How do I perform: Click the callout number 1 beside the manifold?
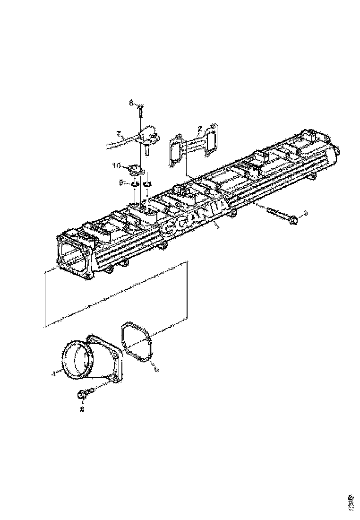point(218,229)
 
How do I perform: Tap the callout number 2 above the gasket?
point(200,128)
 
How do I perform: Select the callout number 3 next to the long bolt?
point(305,213)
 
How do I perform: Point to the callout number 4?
point(54,373)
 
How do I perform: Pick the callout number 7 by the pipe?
point(119,133)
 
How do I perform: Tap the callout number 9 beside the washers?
point(121,182)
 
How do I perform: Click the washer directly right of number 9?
point(135,184)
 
